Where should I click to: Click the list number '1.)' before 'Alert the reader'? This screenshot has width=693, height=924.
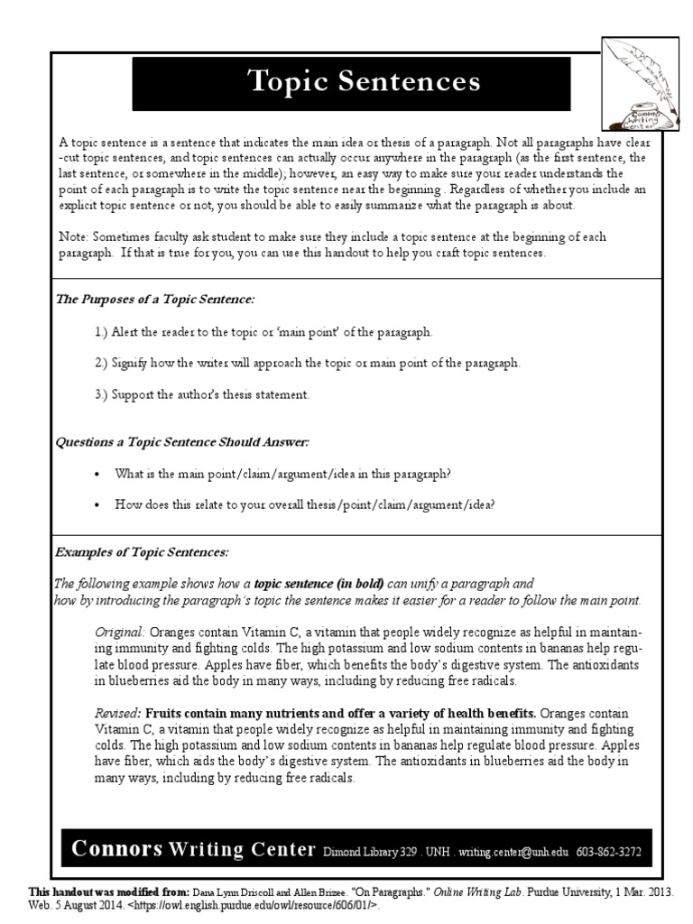coord(101,332)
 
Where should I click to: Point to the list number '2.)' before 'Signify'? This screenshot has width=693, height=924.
coord(101,363)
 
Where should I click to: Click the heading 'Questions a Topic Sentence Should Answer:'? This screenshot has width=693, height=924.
coord(182,442)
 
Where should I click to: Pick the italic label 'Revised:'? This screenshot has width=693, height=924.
coord(118,713)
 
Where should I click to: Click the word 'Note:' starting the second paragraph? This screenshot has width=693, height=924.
coord(75,236)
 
